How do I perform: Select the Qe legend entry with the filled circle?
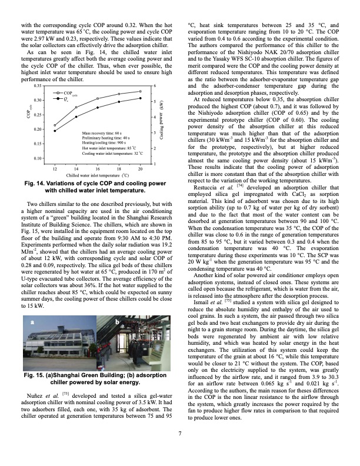tap(66, 99)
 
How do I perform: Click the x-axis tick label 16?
tap(97, 168)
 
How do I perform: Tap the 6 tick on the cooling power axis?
tap(154, 86)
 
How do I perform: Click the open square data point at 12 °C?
tap(55, 125)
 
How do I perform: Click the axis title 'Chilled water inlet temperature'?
tap(97, 175)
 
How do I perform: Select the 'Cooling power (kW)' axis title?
tap(161, 124)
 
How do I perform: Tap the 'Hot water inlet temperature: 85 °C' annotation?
tap(106, 148)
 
